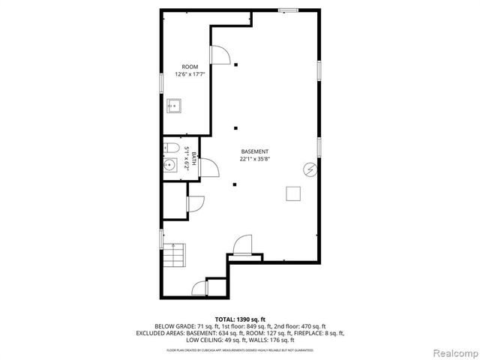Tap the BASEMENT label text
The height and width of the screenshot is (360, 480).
pos(254,151)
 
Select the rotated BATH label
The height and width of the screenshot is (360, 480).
pos(193,158)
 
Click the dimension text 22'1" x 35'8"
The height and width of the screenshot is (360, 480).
pos(254,159)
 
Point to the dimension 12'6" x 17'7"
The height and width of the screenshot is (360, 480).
pos(190,74)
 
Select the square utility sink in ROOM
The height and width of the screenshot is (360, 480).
pos(174,105)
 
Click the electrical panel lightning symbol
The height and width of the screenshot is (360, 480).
pos(308,169)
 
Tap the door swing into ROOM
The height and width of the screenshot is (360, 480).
pos(220,55)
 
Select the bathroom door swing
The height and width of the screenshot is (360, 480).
pos(208,169)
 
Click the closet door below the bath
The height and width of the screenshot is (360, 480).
pos(194,203)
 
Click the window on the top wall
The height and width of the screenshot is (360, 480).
pos(287,10)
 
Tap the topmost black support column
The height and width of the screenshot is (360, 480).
pos(235,64)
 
